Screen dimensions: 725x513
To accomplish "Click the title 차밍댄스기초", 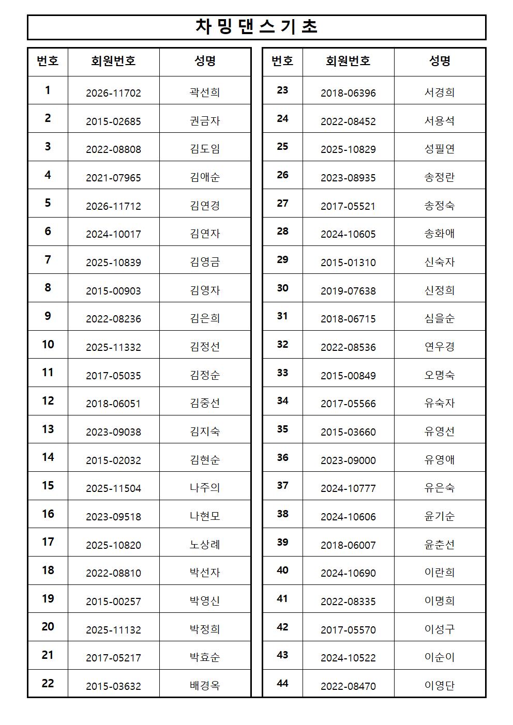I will [x=256, y=27].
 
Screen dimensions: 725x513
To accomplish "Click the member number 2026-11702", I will [x=113, y=93].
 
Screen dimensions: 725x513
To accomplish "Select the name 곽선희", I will [x=205, y=92].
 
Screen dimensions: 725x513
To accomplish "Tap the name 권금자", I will [x=205, y=121].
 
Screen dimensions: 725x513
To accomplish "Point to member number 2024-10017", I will [x=113, y=234].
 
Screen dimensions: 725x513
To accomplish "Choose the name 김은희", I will [x=205, y=318].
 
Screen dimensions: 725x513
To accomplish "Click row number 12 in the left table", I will [x=48, y=401].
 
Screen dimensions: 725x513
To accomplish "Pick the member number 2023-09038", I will [x=113, y=432].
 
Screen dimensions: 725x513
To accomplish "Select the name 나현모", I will [x=205, y=516].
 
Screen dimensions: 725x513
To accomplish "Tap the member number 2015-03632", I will [x=113, y=686].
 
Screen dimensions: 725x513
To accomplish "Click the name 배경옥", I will [x=205, y=686].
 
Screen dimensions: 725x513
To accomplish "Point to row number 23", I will [x=282, y=90].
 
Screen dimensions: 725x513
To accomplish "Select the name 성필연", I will [x=440, y=149].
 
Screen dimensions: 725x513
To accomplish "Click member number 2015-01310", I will [x=348, y=263].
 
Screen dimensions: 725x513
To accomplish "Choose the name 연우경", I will [x=440, y=347].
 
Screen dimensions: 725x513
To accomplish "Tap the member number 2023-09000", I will [x=348, y=460].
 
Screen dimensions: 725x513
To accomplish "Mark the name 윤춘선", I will [x=440, y=545].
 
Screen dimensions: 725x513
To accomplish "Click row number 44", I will [x=282, y=683].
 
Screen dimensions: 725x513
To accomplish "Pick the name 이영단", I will [x=440, y=686].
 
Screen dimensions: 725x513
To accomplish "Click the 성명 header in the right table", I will [x=440, y=61].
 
